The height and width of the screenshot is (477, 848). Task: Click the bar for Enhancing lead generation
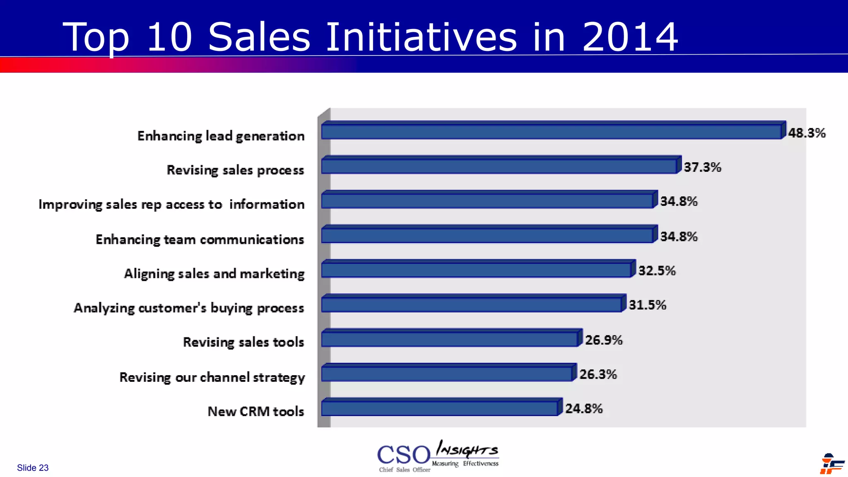(551, 132)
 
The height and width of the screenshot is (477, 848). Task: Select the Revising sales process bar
(499, 166)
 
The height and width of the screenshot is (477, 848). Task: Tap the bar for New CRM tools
(440, 408)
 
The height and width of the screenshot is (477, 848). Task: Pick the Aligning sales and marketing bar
(476, 270)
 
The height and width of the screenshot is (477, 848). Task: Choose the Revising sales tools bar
(450, 339)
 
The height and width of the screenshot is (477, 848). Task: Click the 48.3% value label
(807, 133)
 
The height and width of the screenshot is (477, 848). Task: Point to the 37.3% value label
(702, 167)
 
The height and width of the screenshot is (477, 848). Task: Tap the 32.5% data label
(657, 271)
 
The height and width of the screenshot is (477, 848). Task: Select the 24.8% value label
(584, 409)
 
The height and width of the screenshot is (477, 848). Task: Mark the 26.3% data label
(598, 374)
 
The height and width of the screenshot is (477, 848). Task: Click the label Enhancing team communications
(200, 240)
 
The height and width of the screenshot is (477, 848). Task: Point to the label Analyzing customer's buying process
(189, 308)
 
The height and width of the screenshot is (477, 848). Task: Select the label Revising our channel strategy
(212, 378)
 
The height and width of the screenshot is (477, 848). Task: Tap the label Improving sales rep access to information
(171, 205)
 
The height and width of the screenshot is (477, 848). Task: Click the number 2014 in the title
(630, 37)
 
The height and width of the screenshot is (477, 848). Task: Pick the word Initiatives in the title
(422, 37)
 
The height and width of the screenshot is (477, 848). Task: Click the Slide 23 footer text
(33, 468)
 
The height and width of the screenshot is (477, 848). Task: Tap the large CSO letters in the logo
(404, 455)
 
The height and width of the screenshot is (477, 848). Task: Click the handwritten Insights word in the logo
(467, 449)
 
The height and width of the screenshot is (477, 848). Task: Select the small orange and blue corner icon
(831, 464)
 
